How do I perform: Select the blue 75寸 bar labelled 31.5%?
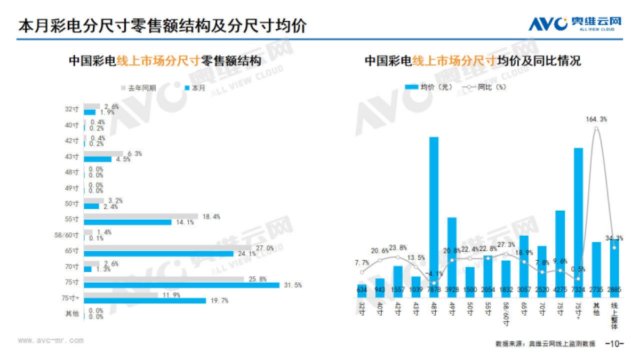coord(181,285)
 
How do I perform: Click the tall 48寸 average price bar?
coord(434,213)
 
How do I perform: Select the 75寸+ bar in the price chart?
coord(578,219)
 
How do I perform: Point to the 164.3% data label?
coord(596,119)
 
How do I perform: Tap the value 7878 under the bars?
coord(434,290)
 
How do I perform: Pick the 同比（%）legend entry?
coord(483,87)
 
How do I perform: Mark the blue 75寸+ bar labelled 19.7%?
coord(145,300)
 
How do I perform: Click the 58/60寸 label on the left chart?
coord(68,235)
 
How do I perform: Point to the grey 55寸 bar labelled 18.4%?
coord(141,217)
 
